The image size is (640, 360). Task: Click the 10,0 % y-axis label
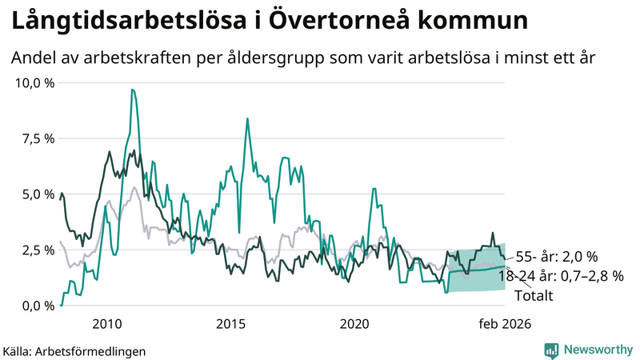[x=35, y=83]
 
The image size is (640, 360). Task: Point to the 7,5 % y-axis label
[x=38, y=138]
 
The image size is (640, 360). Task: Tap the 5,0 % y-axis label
[x=38, y=194]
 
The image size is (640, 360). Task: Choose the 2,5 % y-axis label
[x=38, y=250]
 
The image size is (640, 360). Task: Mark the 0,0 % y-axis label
[x=38, y=306]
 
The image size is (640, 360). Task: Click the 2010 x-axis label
[x=106, y=324]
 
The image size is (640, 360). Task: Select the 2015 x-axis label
[x=230, y=324]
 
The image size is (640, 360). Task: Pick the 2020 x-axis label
[x=354, y=324]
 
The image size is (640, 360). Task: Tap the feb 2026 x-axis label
[x=504, y=324]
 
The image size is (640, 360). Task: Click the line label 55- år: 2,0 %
[x=556, y=257]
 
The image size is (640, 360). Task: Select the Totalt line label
[x=534, y=295]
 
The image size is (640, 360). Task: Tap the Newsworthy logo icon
[x=552, y=350]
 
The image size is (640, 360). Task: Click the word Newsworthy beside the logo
[x=596, y=350]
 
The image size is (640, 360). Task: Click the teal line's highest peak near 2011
[x=132, y=90]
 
